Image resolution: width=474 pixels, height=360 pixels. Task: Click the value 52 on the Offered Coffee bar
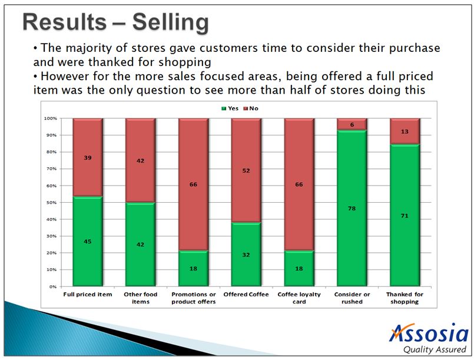tap(246, 171)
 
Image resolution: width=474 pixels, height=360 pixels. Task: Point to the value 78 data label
tap(352, 209)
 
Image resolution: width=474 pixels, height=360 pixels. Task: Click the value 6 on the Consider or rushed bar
tap(352, 124)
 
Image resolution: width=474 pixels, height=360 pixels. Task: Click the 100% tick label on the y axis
tap(49, 118)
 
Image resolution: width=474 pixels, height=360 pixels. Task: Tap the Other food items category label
tap(140, 298)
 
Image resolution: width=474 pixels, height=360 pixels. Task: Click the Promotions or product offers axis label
tap(193, 298)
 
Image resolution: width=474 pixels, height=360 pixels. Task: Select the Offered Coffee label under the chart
tap(246, 294)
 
